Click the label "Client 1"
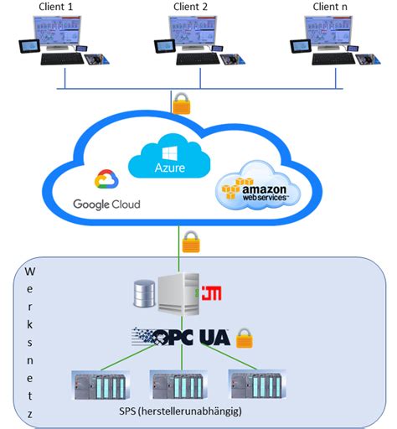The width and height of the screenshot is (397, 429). click(x=55, y=7)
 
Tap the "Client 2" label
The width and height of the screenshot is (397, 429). click(x=190, y=7)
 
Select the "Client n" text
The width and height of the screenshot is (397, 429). click(x=330, y=7)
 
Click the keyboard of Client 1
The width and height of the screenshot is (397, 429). click(x=62, y=59)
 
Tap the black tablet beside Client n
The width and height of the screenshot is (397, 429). click(x=301, y=46)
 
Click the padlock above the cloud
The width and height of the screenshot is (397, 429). click(x=182, y=104)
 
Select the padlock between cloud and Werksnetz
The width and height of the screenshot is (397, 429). click(x=191, y=241)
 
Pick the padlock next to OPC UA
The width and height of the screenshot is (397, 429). click(x=245, y=338)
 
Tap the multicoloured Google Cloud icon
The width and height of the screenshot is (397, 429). click(x=106, y=179)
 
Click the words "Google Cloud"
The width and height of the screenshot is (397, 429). click(x=106, y=204)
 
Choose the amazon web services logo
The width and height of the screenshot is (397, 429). click(x=258, y=186)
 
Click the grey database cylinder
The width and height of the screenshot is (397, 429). click(x=144, y=293)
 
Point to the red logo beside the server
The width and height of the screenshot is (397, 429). click(x=212, y=293)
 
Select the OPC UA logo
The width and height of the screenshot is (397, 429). click(x=181, y=337)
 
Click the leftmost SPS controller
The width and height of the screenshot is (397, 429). click(x=101, y=385)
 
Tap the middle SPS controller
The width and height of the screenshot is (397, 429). click(x=178, y=385)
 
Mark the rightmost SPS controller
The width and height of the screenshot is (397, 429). click(x=257, y=384)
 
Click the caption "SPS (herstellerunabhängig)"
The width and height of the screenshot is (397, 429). click(x=180, y=411)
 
